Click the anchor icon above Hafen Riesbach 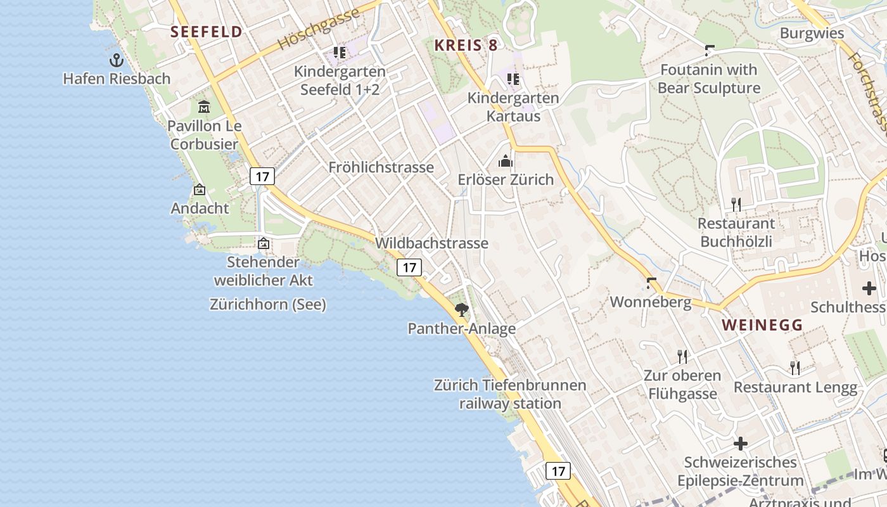117,60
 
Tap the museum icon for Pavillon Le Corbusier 204,106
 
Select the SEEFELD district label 207,32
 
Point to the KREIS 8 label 466,45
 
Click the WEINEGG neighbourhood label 762,325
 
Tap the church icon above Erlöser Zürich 505,161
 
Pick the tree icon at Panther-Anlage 462,310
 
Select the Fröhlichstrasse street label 381,167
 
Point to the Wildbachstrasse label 431,243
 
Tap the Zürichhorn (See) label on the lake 268,305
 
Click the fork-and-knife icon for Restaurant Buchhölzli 736,204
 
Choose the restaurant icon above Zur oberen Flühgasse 682,356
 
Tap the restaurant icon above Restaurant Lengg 794,368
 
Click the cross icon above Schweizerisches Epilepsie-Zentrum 740,444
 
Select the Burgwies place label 812,33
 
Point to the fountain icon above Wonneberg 651,283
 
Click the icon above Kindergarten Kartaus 513,79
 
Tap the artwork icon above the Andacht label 200,189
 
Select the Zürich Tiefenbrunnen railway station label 510,394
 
